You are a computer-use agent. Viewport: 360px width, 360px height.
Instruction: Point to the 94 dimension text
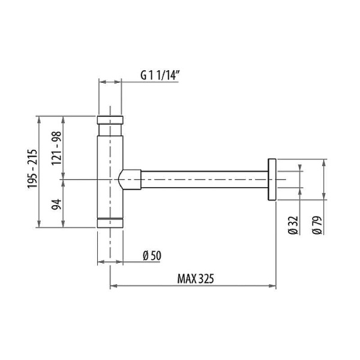[x=56, y=205]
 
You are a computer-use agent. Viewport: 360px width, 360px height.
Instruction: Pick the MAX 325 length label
[x=196, y=279]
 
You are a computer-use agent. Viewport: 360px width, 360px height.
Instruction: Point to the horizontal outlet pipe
[x=204, y=179]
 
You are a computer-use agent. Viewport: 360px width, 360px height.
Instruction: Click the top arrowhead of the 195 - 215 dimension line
[x=40, y=117]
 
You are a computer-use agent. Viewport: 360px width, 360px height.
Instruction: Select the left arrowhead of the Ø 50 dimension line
[x=100, y=262]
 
